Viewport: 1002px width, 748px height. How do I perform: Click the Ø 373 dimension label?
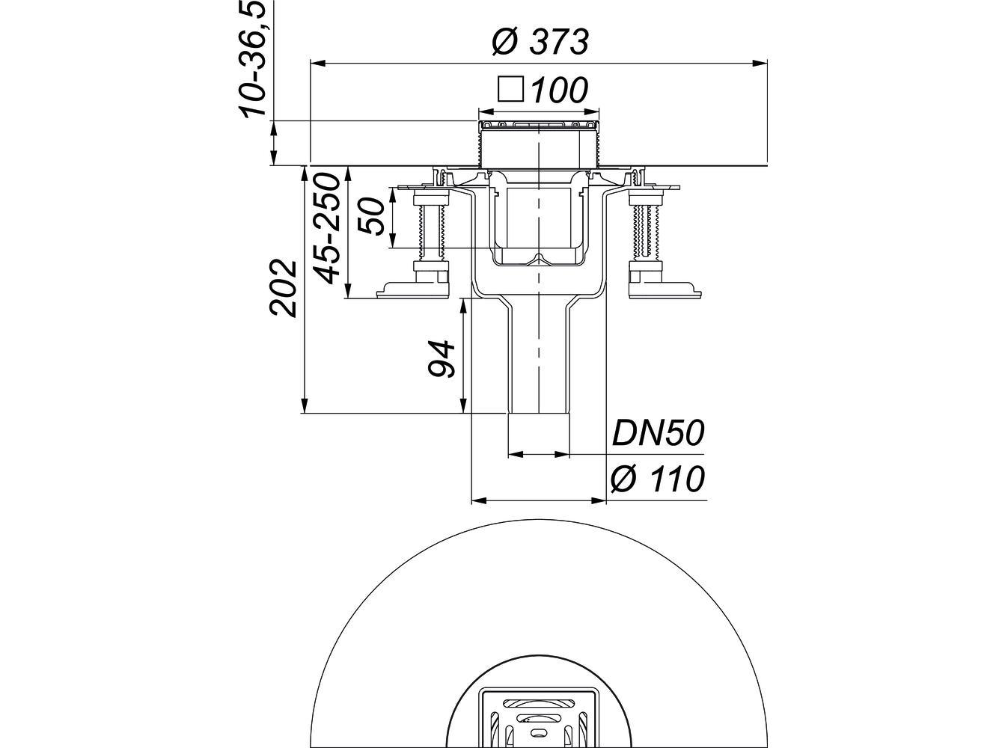tap(540, 42)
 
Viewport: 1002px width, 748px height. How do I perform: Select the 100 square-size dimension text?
tap(559, 91)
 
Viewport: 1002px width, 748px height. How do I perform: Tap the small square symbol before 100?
tap(510, 90)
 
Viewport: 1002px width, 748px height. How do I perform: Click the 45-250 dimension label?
tap(328, 228)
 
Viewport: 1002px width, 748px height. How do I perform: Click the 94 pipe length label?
tap(441, 359)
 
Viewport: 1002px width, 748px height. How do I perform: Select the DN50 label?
tap(658, 433)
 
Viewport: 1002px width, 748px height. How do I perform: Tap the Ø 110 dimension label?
tap(657, 479)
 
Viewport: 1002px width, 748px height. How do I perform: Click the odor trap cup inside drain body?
tap(538, 224)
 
